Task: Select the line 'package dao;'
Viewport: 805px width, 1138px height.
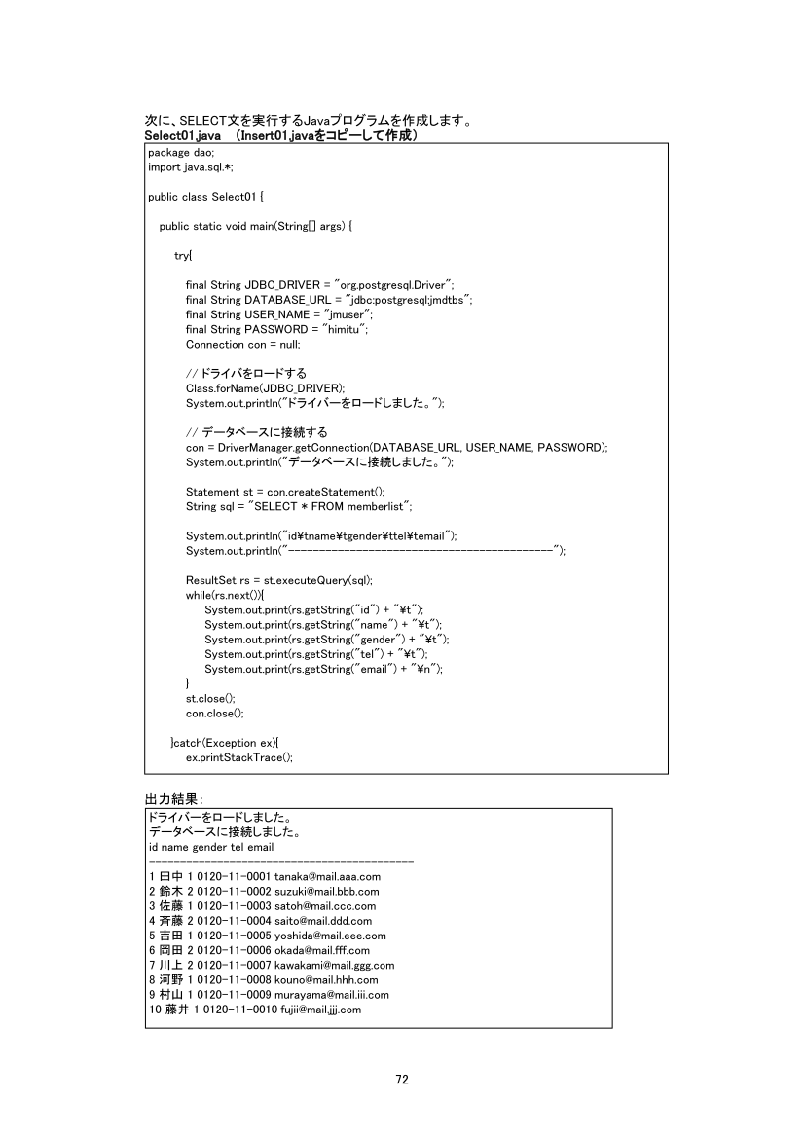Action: [174, 153]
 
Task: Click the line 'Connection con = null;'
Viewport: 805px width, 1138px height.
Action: [243, 344]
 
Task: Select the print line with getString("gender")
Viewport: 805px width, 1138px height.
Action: [327, 639]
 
